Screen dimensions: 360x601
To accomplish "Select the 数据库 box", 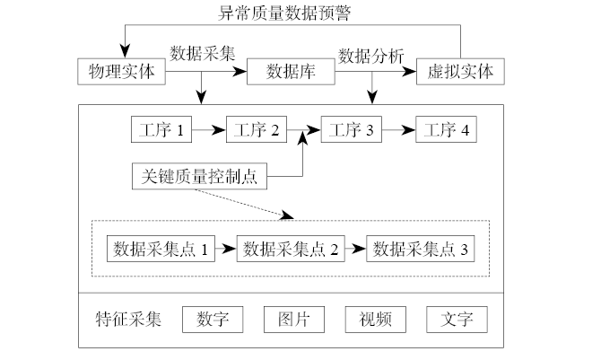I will coord(290,72).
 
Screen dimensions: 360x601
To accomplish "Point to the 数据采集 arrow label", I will coord(203,52).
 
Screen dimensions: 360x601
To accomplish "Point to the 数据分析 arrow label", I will coord(371,54).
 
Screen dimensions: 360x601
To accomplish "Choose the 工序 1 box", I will coord(161,129).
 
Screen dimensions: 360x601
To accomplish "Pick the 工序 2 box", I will coord(257,129).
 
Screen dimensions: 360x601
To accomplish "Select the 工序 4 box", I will coord(447,129).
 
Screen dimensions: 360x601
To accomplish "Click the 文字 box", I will coord(457,320).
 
